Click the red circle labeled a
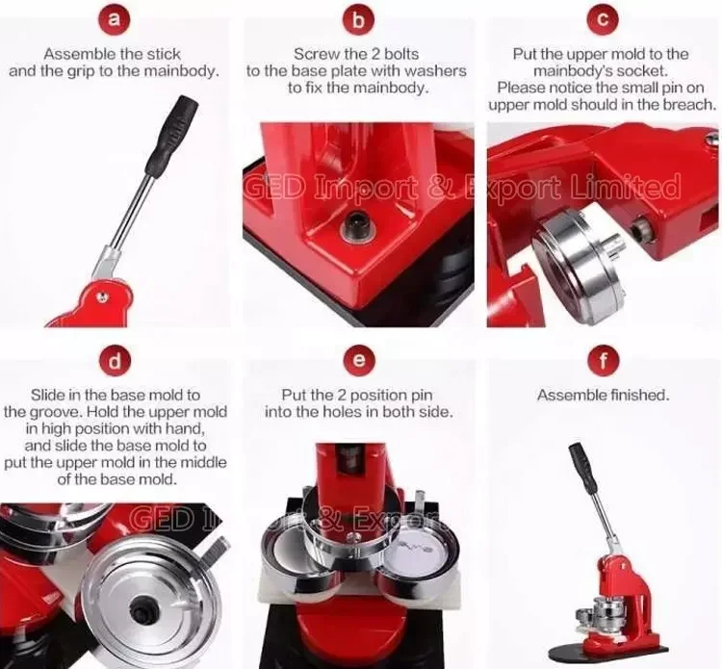pos(115,19)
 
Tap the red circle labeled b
pos(358,19)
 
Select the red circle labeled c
pos(603,19)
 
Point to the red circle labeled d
pos(116,361)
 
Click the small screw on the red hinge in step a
pos(103,297)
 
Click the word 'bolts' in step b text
pos(400,54)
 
